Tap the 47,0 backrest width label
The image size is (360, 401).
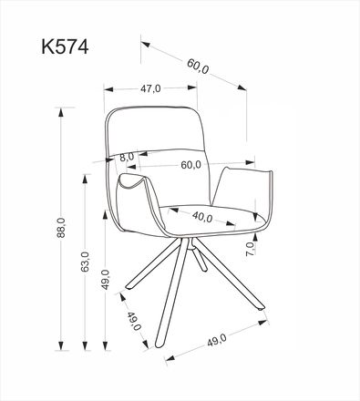click(150, 88)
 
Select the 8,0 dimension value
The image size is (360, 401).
click(127, 157)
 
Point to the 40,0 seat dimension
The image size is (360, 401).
click(202, 217)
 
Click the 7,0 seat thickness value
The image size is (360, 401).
click(250, 245)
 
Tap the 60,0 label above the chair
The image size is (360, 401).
click(198, 67)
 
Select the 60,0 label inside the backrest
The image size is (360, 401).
click(190, 165)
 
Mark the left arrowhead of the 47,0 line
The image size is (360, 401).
click(108, 88)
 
